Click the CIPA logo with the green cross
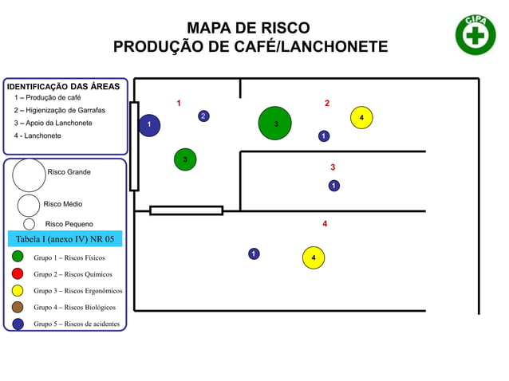(475, 35)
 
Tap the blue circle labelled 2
(203, 116)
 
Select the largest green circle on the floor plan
(275, 123)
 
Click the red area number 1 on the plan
(179, 103)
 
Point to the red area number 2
(327, 103)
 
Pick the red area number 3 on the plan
(333, 167)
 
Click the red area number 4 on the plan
(325, 224)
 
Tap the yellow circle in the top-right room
(361, 117)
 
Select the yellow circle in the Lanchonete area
(314, 257)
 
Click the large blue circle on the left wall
(149, 125)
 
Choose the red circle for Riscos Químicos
(18, 273)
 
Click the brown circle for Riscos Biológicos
(18, 307)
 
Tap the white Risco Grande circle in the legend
(29, 175)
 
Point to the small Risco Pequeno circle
(29, 224)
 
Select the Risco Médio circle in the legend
(29, 205)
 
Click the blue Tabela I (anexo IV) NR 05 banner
(65, 238)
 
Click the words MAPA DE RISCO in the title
(248, 29)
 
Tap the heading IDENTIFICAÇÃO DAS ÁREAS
(63, 86)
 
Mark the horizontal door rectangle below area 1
(186, 210)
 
